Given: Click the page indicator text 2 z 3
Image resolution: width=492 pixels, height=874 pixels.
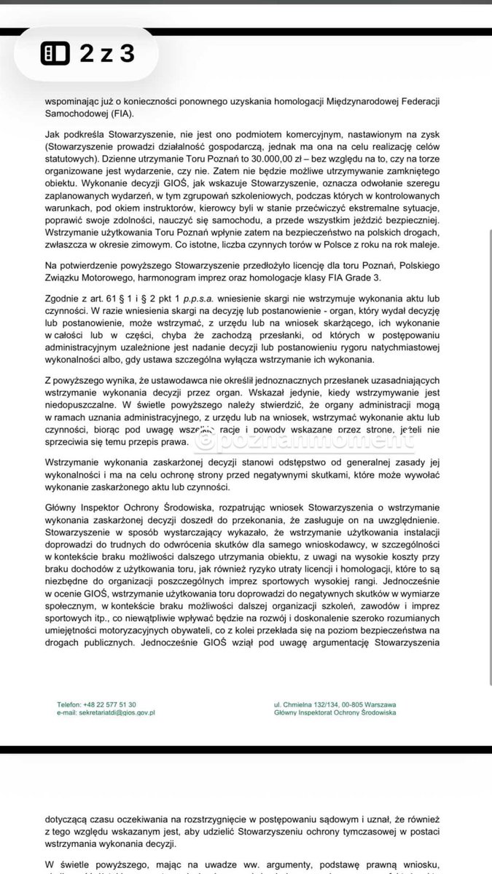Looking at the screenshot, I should coord(106,54).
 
